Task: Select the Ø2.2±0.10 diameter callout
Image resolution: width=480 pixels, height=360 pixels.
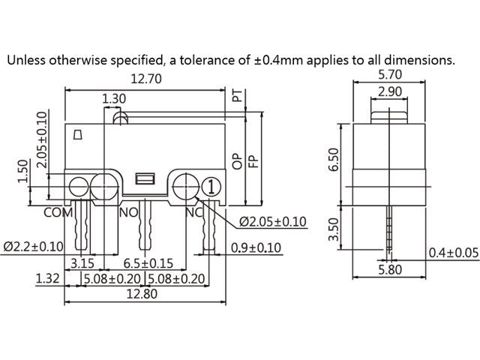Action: point(33,246)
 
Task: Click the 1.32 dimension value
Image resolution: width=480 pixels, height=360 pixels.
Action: point(48,279)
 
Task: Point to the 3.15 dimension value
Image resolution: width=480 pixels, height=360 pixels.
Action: point(82,263)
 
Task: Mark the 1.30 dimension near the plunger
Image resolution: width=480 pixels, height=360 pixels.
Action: point(114,98)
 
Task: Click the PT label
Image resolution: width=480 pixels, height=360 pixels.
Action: point(238,96)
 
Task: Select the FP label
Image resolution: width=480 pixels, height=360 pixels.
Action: point(253,160)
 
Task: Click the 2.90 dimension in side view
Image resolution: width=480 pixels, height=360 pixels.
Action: point(389,91)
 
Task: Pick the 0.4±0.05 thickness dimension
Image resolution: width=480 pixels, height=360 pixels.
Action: point(453,253)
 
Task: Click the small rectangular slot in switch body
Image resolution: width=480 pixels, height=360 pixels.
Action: point(144,178)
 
